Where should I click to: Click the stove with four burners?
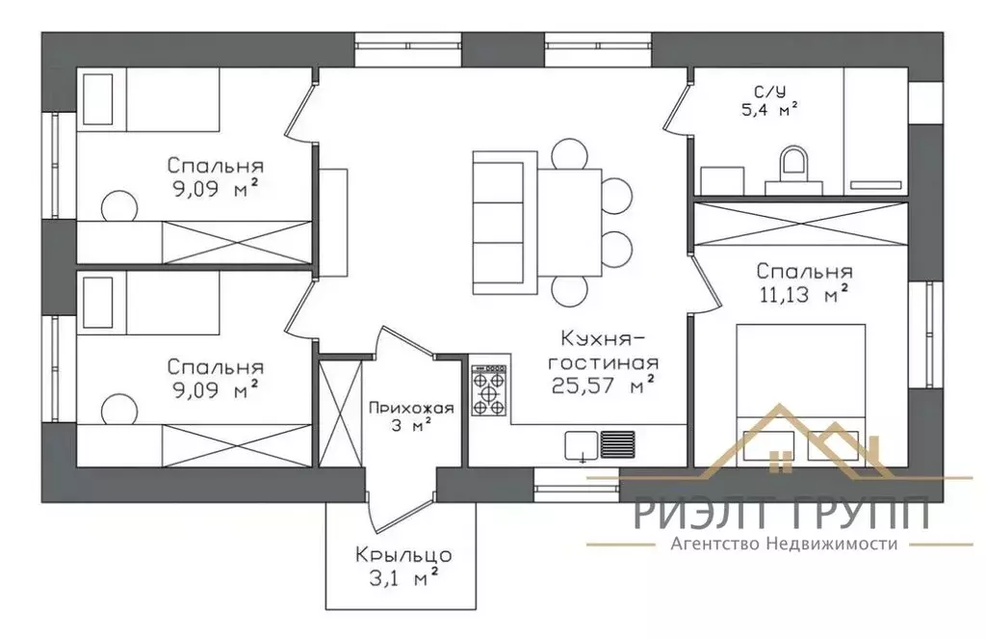(x=488, y=391)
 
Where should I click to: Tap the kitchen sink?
(x=582, y=445)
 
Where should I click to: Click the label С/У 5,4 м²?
(x=769, y=101)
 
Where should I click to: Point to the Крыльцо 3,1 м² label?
(x=403, y=566)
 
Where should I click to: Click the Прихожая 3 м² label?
(x=411, y=416)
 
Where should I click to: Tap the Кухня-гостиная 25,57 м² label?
(x=605, y=363)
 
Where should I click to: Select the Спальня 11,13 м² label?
(x=804, y=282)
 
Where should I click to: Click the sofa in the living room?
(x=505, y=223)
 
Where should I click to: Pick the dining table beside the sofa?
(x=570, y=223)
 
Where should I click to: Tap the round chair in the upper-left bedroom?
(x=119, y=206)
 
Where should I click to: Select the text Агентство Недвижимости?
(x=784, y=544)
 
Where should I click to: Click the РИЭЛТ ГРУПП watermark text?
(x=782, y=512)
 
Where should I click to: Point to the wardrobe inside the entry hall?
(x=341, y=413)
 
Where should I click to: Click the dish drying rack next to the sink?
(x=617, y=444)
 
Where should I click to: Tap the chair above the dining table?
(x=570, y=153)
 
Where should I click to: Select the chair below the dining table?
(x=570, y=291)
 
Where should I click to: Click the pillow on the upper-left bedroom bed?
(x=98, y=99)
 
